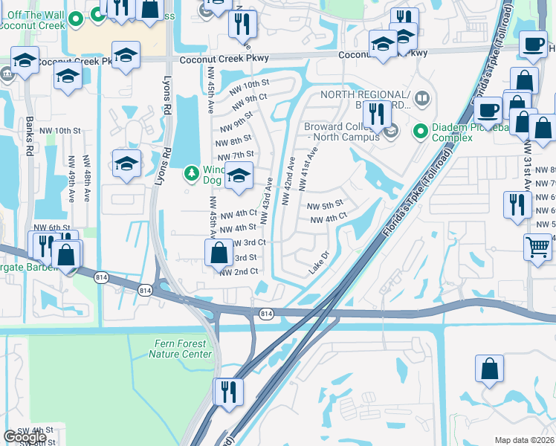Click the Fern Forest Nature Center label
coord(180,349)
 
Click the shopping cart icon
coord(537,245)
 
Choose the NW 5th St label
coord(325,204)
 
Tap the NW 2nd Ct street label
coord(239,272)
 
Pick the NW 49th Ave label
coord(72,175)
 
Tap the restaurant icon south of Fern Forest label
coord(228,390)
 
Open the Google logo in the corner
coord(25,437)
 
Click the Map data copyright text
coord(524,440)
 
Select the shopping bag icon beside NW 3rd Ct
coord(219,253)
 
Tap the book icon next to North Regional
coord(422,99)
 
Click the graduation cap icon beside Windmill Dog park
coord(239,177)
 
